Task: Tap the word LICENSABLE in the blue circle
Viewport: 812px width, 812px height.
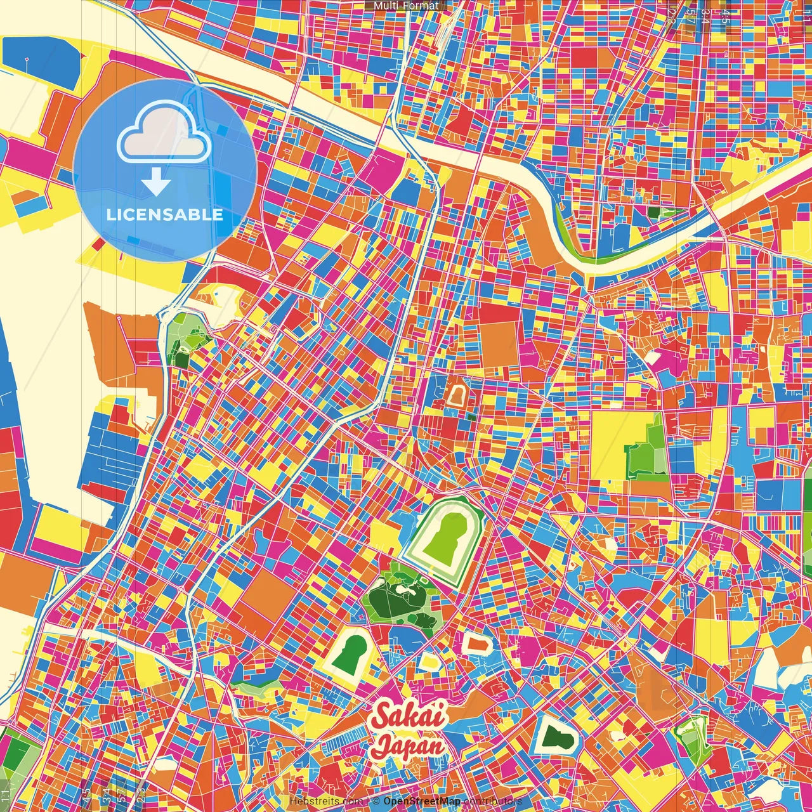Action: [165, 214]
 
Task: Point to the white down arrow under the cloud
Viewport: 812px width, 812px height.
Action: [156, 183]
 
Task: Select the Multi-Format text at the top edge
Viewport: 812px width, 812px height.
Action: [406, 6]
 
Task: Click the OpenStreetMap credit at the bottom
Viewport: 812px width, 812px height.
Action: [421, 801]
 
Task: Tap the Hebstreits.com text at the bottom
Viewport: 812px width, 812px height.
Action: [326, 801]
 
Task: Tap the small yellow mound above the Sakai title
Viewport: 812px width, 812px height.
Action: [431, 661]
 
